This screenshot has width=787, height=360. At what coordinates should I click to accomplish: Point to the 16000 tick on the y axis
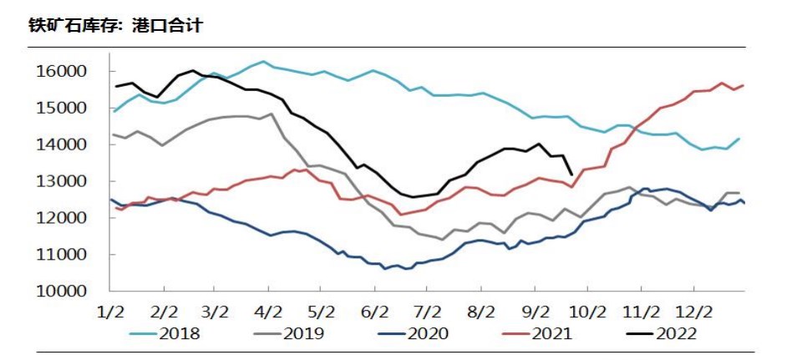click(64, 72)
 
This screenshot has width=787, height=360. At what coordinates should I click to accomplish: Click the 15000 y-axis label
click(64, 109)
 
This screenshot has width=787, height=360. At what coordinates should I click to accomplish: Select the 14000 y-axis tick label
click(64, 145)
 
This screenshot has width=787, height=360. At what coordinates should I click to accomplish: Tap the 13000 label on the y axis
click(64, 182)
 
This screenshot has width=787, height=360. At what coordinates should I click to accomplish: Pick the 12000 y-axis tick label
click(64, 218)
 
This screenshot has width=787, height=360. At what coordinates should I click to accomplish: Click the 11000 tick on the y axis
click(64, 255)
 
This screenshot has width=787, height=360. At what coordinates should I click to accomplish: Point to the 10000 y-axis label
click(64, 292)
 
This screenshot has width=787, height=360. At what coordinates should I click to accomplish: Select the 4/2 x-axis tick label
click(269, 312)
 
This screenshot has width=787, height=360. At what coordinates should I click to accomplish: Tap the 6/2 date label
click(374, 312)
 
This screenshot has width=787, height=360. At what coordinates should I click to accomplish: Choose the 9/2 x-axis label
click(535, 312)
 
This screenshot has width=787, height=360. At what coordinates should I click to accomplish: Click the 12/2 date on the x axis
click(693, 312)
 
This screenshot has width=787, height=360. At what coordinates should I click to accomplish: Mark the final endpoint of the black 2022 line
click(571, 175)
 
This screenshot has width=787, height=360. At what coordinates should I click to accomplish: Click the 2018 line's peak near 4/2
click(263, 62)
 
